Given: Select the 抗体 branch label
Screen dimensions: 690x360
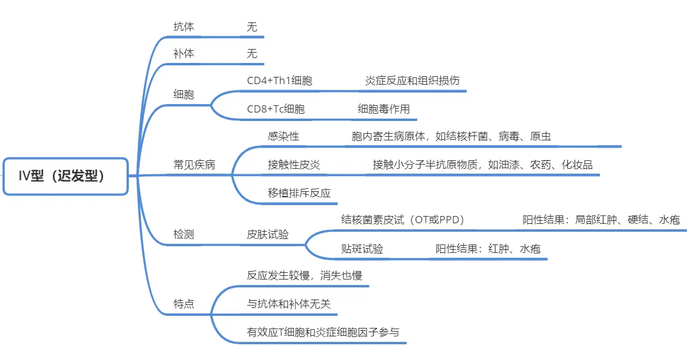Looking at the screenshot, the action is click(183, 27).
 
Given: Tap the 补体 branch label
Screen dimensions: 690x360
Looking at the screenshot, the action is click(183, 54).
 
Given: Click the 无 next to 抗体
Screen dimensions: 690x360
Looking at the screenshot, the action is click(252, 27).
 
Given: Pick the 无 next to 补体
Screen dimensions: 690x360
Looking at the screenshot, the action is click(252, 54).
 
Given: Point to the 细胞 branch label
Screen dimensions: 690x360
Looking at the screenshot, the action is click(183, 94).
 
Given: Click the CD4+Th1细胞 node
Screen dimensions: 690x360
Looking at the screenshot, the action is click(279, 80).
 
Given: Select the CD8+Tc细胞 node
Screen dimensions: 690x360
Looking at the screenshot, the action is click(276, 109).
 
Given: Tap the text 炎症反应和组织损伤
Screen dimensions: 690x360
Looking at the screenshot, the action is click(412, 80).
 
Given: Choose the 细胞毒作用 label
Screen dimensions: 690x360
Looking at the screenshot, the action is click(384, 109).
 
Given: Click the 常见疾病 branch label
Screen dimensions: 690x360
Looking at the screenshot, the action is click(194, 165).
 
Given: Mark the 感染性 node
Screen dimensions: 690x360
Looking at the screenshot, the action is click(284, 136).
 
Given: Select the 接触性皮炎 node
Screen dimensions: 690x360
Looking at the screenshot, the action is click(294, 165).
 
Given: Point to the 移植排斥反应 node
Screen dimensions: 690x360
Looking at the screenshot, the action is click(299, 193).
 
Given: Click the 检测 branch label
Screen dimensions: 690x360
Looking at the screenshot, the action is click(183, 235).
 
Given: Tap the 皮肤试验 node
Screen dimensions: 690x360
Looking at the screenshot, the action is click(267, 235).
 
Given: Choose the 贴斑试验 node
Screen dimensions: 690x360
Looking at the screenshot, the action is click(362, 249).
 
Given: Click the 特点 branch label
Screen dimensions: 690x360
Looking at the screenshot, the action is click(183, 304).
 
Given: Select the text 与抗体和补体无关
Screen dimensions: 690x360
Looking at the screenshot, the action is click(288, 304).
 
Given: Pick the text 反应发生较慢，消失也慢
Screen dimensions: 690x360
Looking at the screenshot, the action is click(305, 275).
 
